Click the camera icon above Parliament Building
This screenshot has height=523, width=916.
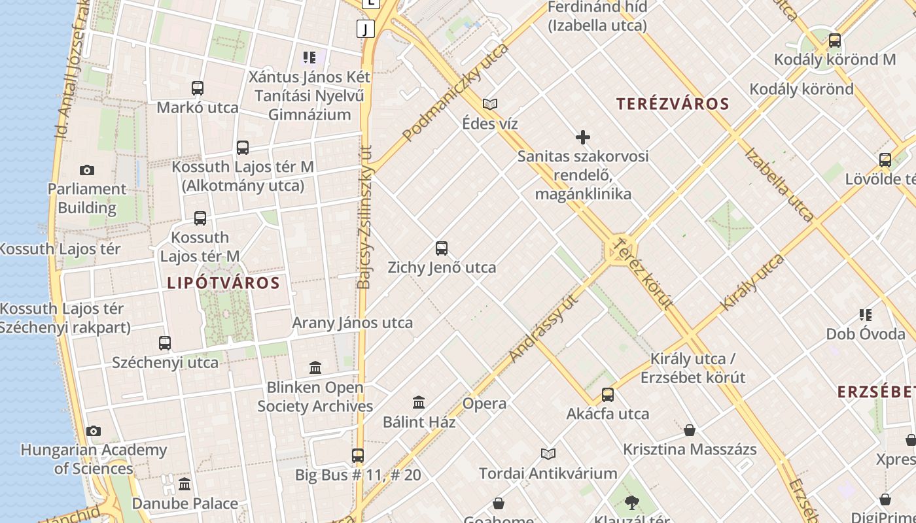point(86,171)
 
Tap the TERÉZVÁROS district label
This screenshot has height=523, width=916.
point(673,104)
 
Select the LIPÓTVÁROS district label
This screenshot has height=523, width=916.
point(223,283)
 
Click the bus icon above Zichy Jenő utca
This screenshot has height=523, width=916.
point(442,248)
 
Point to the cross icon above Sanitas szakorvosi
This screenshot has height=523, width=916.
point(582,137)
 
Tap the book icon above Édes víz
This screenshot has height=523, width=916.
point(489,104)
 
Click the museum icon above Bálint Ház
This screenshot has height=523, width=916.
point(419,402)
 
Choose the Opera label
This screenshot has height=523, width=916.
point(484,403)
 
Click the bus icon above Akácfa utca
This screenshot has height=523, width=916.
point(608,395)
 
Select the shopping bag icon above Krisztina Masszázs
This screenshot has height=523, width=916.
point(690,430)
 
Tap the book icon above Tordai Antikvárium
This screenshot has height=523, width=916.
point(548,454)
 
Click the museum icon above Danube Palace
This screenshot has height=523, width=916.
point(185,484)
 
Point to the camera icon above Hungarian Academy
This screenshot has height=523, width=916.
point(94,431)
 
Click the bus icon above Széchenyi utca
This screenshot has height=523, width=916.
point(165,343)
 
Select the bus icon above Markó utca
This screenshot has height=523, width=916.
point(198,88)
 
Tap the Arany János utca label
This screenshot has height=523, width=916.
point(352,323)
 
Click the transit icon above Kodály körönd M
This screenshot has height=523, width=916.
point(834,41)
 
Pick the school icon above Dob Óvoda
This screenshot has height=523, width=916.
point(865,315)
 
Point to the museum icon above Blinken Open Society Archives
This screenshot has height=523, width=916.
point(315,368)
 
